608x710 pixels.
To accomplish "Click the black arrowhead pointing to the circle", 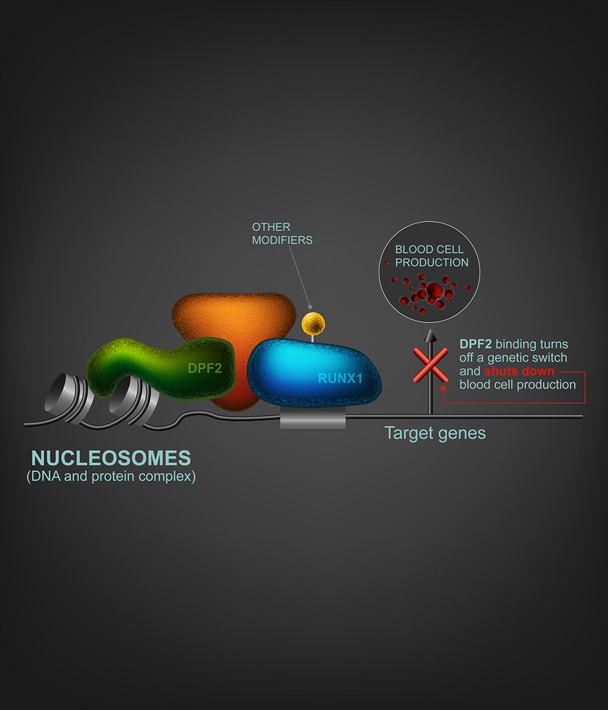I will pyautogui.click(x=430, y=335).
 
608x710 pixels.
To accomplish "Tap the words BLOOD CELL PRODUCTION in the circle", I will pyautogui.click(x=429, y=256).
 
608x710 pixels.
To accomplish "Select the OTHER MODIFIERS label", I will pyautogui.click(x=282, y=234).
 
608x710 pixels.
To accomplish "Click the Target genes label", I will pyautogui.click(x=435, y=433).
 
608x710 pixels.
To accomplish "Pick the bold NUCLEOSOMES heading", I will pyautogui.click(x=111, y=458).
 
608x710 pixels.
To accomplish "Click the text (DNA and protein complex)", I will pyautogui.click(x=111, y=476).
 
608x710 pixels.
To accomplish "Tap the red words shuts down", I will pyautogui.click(x=519, y=371).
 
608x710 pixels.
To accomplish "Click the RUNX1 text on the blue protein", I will pyautogui.click(x=340, y=378).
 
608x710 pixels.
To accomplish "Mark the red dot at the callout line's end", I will pyautogui.click(x=444, y=388).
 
